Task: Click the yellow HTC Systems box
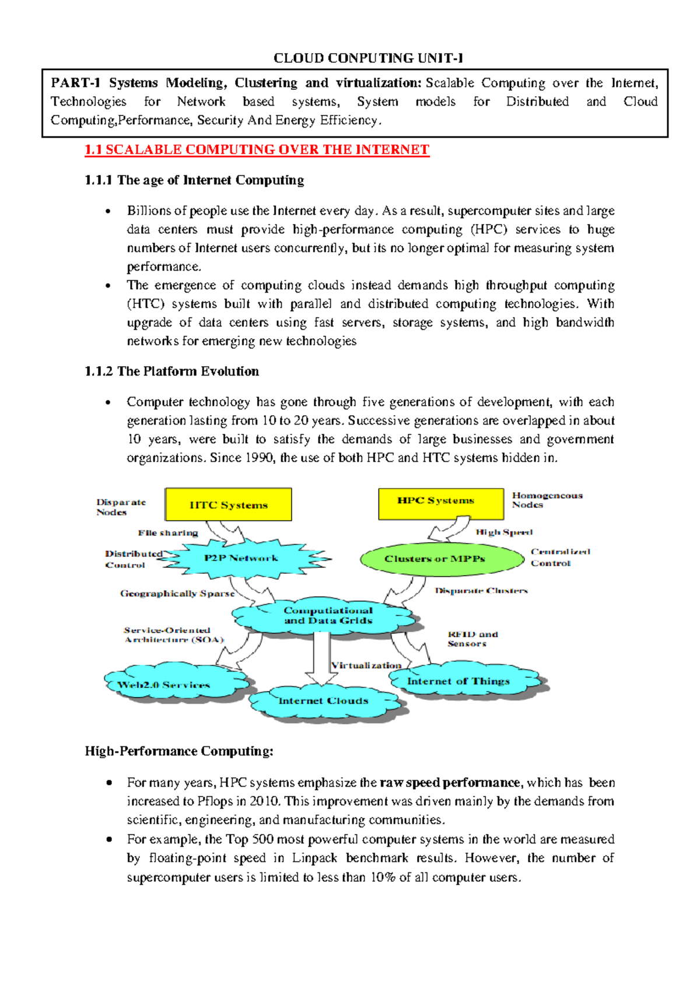(x=228, y=504)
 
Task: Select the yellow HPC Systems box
(x=440, y=503)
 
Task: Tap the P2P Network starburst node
(x=242, y=558)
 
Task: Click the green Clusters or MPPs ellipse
(x=442, y=559)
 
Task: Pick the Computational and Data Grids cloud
(x=327, y=616)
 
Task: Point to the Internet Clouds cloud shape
(x=324, y=702)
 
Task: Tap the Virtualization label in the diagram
(x=366, y=665)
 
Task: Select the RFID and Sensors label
(x=473, y=639)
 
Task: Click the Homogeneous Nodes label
(x=547, y=500)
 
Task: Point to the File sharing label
(x=168, y=532)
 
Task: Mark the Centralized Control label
(x=559, y=557)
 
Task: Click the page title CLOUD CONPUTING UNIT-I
(x=368, y=58)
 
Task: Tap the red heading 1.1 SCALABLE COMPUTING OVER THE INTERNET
(x=257, y=150)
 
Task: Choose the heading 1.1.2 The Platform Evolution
(x=171, y=371)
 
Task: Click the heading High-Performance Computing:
(x=178, y=751)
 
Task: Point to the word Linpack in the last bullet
(x=314, y=858)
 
